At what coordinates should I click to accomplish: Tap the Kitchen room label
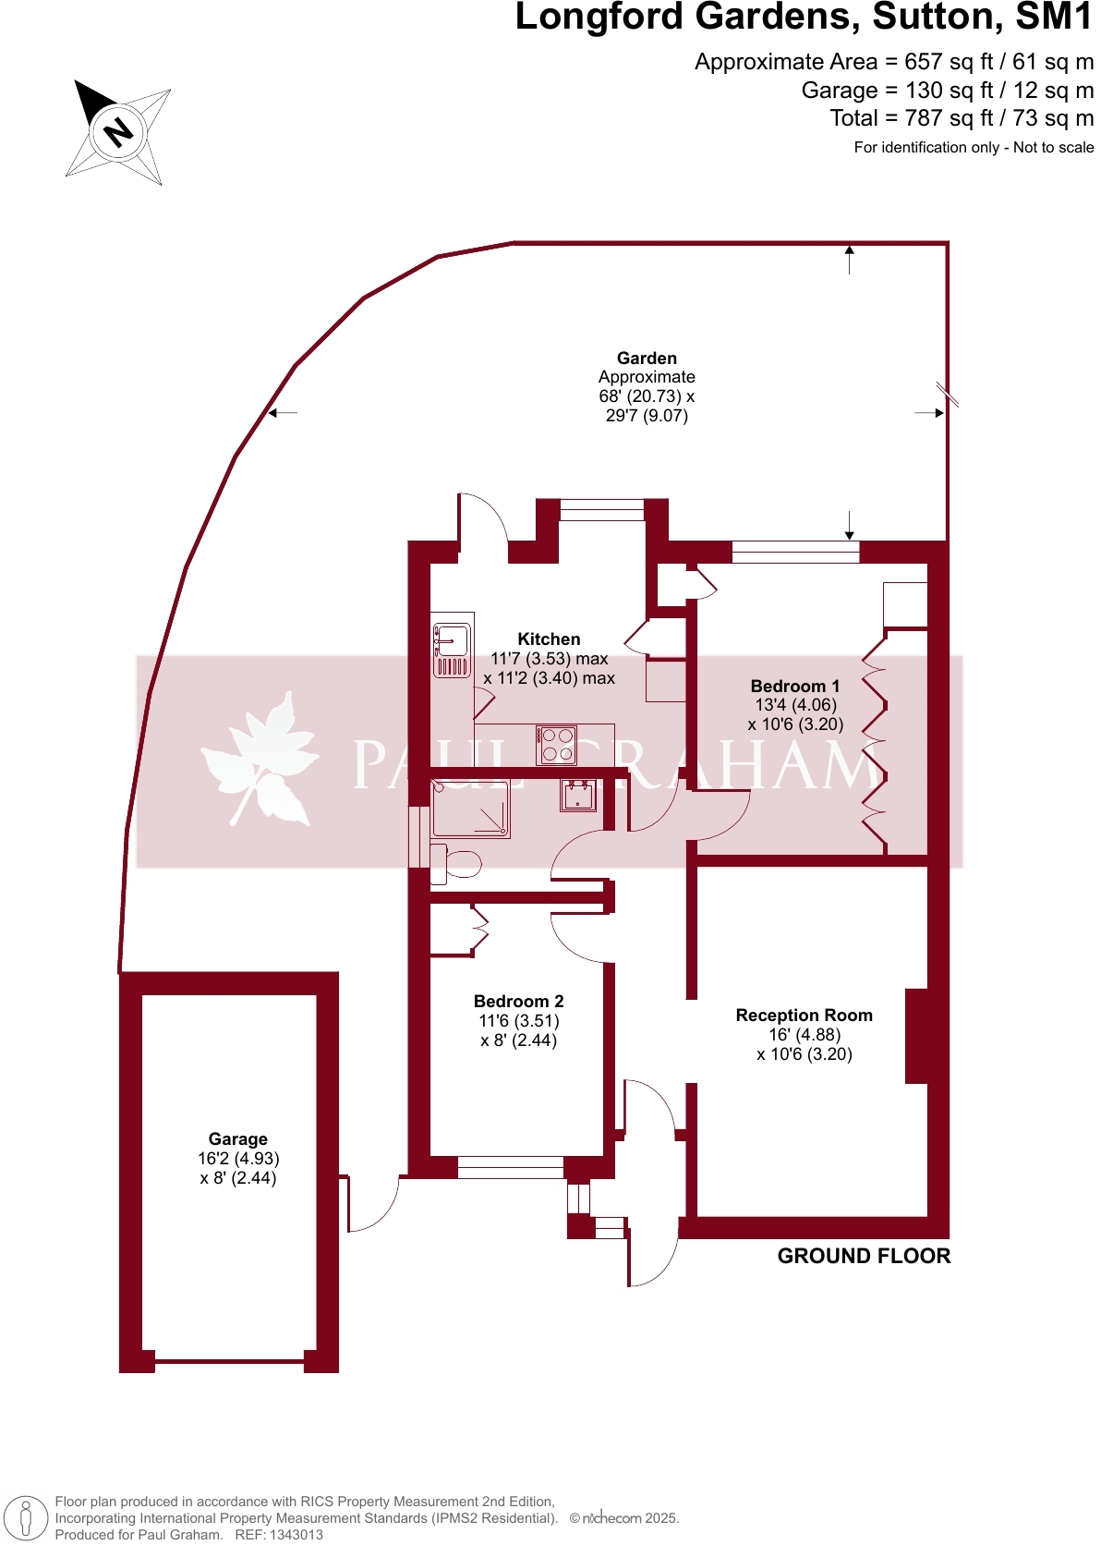549,639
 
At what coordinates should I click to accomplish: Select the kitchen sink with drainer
453,645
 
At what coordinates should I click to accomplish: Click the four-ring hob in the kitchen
557,745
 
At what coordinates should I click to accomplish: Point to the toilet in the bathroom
457,864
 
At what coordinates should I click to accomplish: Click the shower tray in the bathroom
471,809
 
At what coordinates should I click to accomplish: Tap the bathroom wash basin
578,795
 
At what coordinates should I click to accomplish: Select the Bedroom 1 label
795,687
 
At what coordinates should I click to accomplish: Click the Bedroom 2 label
518,1002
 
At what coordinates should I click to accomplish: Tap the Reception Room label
804,1016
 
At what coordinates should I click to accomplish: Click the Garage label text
237,1139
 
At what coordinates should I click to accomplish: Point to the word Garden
647,359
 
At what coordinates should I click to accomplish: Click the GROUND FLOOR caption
864,1256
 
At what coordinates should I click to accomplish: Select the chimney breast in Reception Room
916,1036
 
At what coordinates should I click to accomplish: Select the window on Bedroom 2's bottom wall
510,1167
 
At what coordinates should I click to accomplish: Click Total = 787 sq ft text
961,118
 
